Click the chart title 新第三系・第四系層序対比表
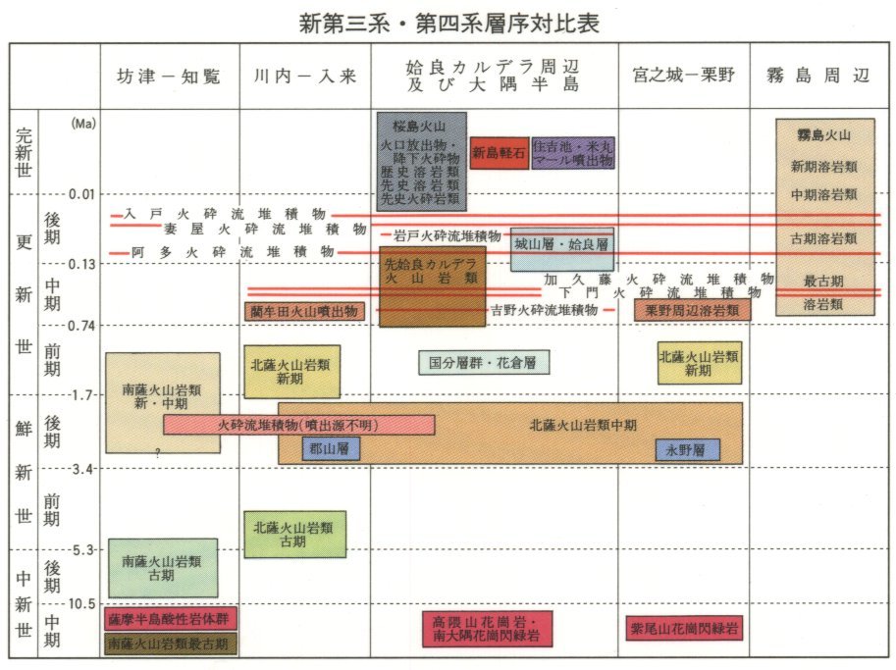click(448, 23)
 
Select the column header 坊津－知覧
click(169, 77)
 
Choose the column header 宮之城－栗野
click(685, 77)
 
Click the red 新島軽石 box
click(499, 153)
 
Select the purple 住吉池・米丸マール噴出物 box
click(573, 153)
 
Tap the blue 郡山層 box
click(332, 449)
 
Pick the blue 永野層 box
click(687, 450)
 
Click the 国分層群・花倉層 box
click(484, 362)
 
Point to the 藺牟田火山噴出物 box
click(304, 311)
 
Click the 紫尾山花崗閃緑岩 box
click(682, 628)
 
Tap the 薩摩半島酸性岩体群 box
click(171, 619)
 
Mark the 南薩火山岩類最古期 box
click(171, 644)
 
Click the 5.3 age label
click(80, 549)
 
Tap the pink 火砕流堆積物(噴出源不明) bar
click(298, 425)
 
